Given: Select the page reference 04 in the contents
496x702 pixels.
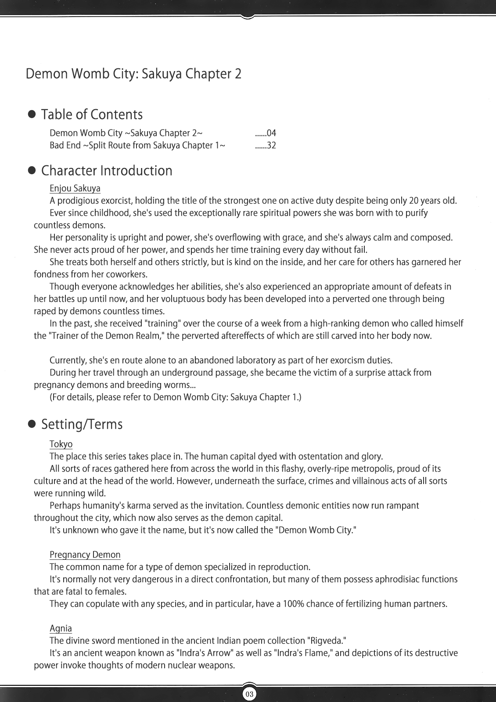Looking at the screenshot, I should [271, 133].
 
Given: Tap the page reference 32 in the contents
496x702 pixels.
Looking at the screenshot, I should [271, 145].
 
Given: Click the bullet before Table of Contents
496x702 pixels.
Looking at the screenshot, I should [32, 115].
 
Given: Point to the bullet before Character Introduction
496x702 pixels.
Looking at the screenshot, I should [32, 171].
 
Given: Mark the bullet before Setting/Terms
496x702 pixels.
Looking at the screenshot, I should [32, 424].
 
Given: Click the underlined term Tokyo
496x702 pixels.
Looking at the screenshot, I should [61, 444].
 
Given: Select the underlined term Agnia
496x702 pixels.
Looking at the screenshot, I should [61, 628].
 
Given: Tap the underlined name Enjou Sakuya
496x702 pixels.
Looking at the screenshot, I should [75, 188].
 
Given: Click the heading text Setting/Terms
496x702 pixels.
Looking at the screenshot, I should [82, 424].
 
